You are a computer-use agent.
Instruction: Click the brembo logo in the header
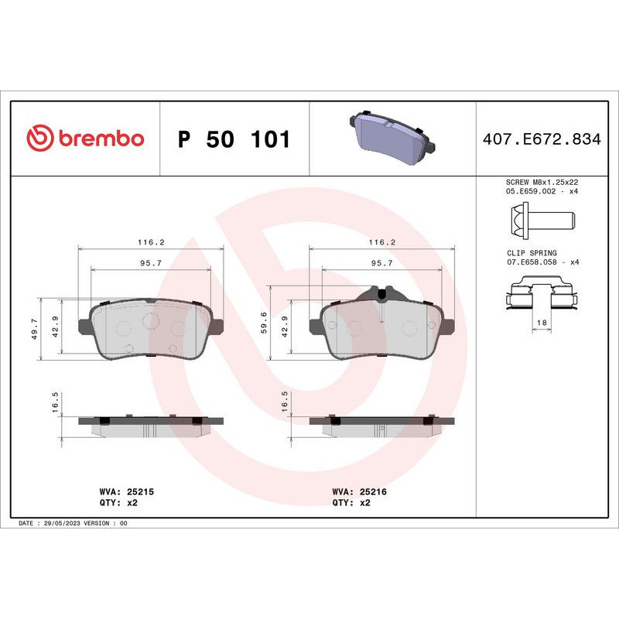pyautogui.click(x=85, y=139)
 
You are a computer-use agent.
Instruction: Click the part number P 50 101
pyautogui.click(x=234, y=140)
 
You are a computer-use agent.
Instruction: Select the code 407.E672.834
pyautogui.click(x=542, y=140)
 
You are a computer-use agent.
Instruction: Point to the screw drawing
pyautogui.click(x=542, y=220)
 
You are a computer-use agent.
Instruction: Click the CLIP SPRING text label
pyautogui.click(x=532, y=253)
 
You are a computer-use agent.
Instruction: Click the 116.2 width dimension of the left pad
pyautogui.click(x=151, y=242)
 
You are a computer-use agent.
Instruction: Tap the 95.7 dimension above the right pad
pyautogui.click(x=382, y=263)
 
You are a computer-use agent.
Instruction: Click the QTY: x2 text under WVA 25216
pyautogui.click(x=351, y=502)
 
